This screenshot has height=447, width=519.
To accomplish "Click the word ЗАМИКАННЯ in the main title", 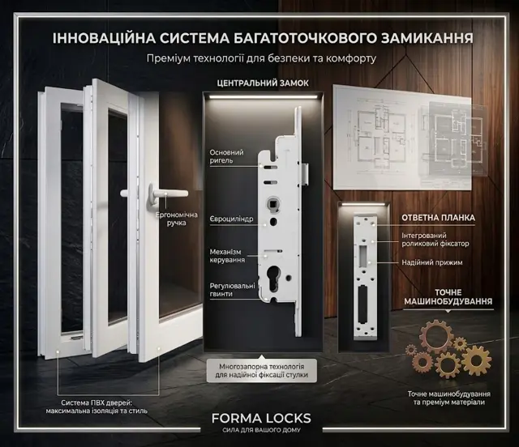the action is pyautogui.click(x=427, y=38).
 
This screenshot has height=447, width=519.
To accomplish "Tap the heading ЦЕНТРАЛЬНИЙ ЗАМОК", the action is pyautogui.click(x=263, y=83).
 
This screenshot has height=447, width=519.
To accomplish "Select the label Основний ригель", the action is pyautogui.click(x=226, y=156).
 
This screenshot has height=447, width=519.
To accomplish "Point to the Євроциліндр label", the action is pyautogui.click(x=231, y=219).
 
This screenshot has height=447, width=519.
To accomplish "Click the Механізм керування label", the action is pyautogui.click(x=227, y=256).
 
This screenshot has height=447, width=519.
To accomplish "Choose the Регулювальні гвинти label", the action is pyautogui.click(x=233, y=290).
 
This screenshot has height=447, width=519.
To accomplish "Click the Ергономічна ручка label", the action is pyautogui.click(x=177, y=219).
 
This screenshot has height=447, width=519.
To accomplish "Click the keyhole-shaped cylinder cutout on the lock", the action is pyautogui.click(x=274, y=278).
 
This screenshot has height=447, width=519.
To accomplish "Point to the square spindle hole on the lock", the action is pyautogui.click(x=273, y=202).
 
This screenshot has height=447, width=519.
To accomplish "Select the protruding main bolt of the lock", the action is pyautogui.click(x=305, y=174).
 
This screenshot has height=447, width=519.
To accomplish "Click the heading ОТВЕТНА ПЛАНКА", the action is pyautogui.click(x=438, y=218).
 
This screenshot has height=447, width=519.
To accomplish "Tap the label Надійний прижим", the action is pyautogui.click(x=432, y=262).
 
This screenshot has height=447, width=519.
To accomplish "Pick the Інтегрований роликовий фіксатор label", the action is pyautogui.click(x=435, y=240).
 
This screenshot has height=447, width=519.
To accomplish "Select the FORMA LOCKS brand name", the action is pyautogui.click(x=261, y=418).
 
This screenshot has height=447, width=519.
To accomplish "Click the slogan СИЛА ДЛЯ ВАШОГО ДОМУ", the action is pyautogui.click(x=261, y=430).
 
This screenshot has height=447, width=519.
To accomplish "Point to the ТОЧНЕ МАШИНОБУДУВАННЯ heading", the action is pyautogui.click(x=448, y=297).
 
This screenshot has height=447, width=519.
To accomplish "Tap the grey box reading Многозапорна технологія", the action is pyautogui.click(x=261, y=371).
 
